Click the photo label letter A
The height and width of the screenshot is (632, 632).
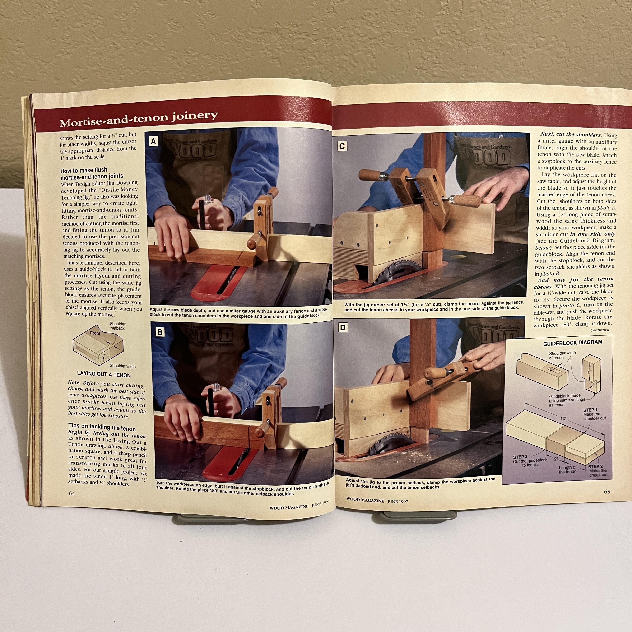pyautogui.click(x=153, y=141)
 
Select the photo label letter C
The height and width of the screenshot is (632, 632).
pyautogui.click(x=342, y=146)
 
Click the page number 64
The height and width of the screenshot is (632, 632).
pyautogui.click(x=72, y=493)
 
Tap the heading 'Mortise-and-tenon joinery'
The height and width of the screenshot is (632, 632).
pyautogui.click(x=139, y=119)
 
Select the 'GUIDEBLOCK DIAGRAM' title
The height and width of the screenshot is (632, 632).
pyautogui.click(x=572, y=343)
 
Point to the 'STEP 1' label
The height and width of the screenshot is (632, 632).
pyautogui.click(x=590, y=410)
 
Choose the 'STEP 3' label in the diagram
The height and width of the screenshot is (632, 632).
pyautogui.click(x=520, y=457)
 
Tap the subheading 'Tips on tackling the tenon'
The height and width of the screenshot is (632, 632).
pyautogui.click(x=102, y=427)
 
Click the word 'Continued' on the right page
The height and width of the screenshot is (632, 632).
pyautogui.click(x=600, y=330)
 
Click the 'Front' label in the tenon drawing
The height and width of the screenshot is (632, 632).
pyautogui.click(x=95, y=333)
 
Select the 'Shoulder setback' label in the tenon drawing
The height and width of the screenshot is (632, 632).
pyautogui.click(x=117, y=326)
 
